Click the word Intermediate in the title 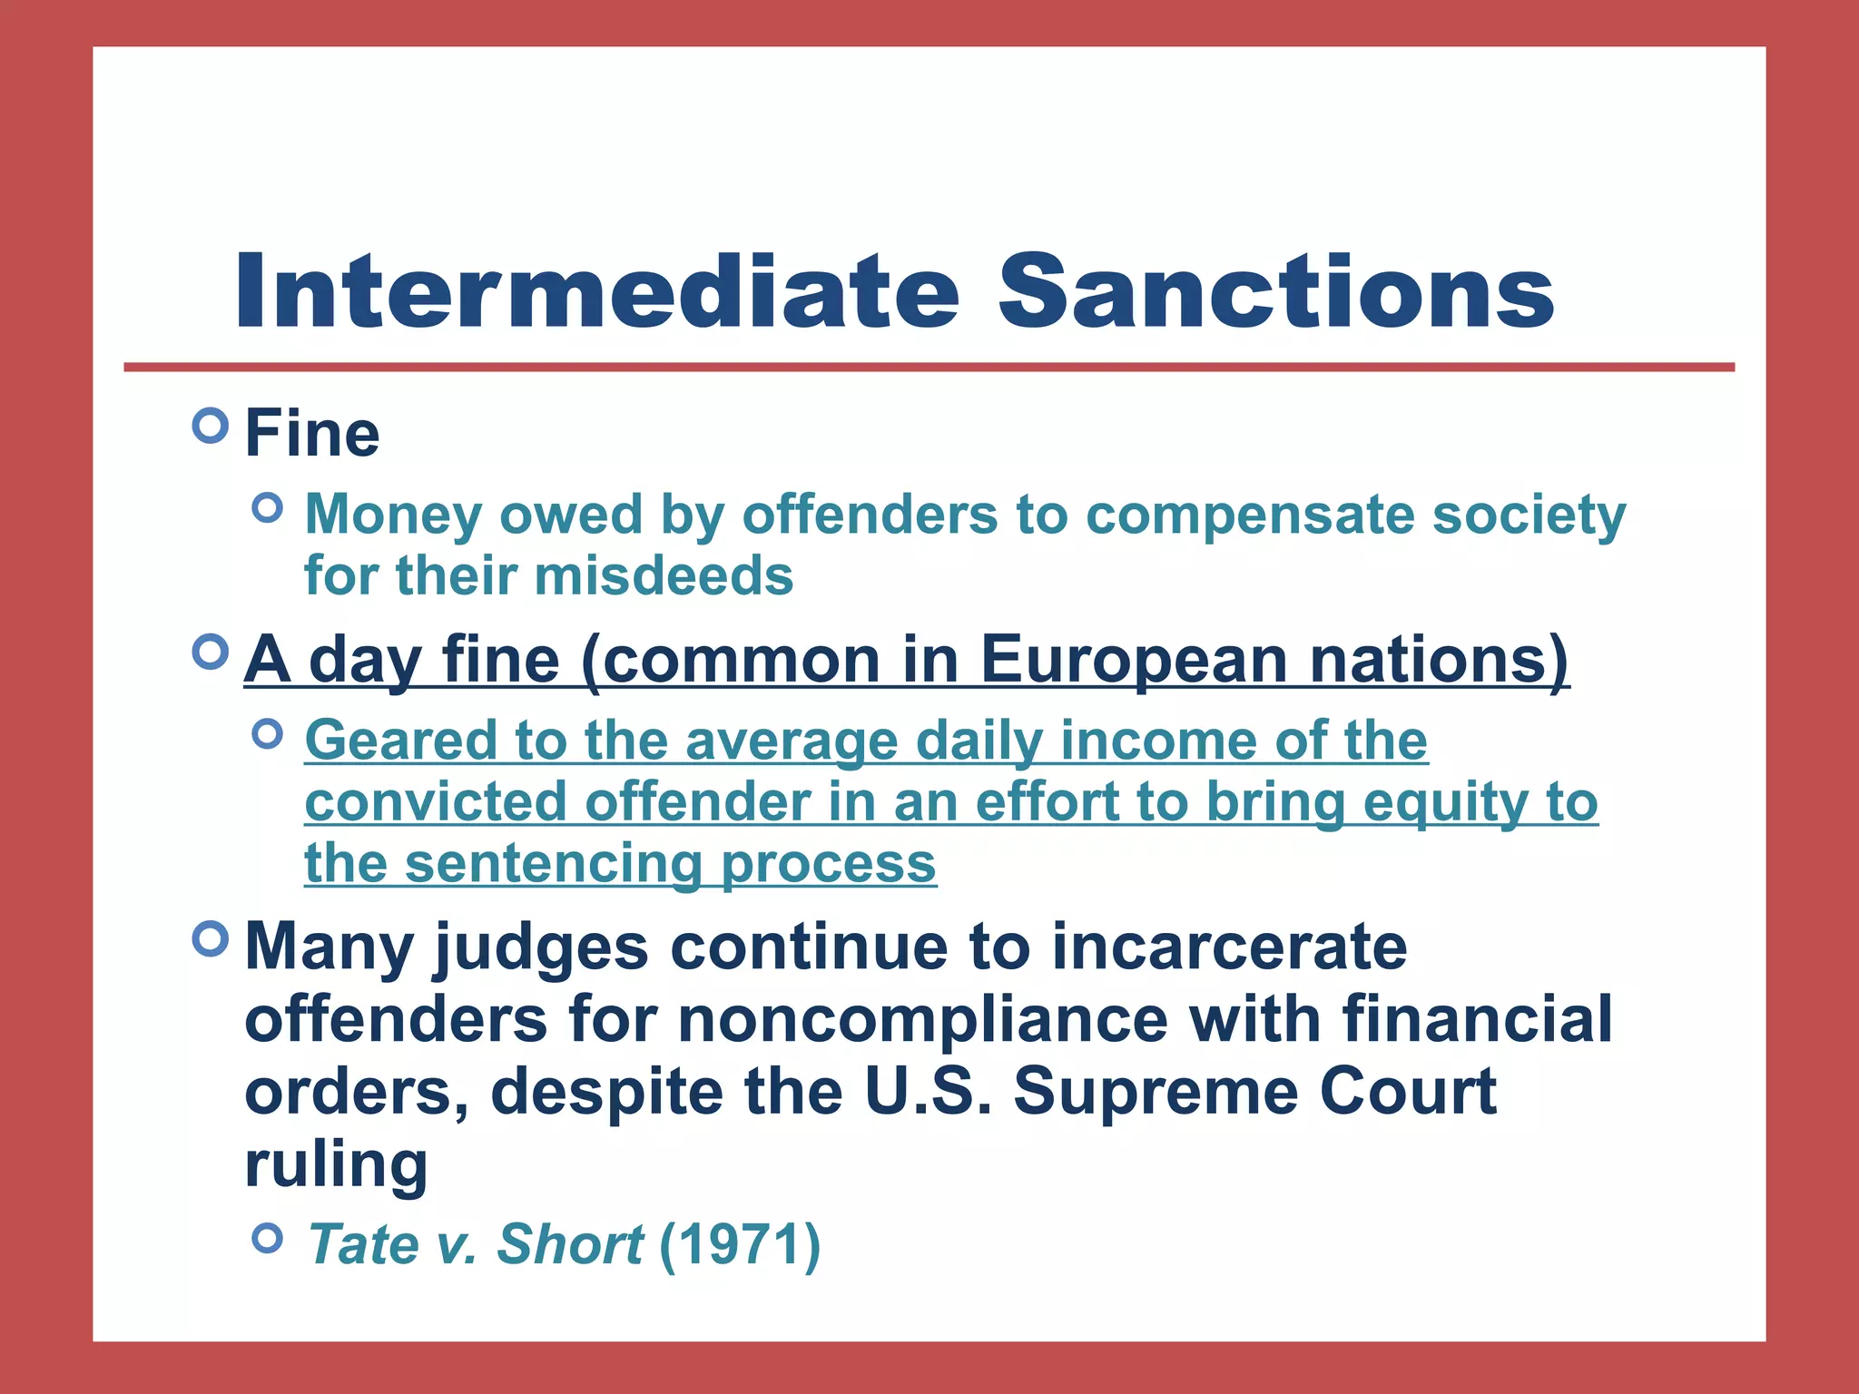click(x=597, y=292)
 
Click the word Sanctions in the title click(x=1275, y=292)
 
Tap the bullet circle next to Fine click(x=211, y=425)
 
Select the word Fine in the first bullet click(x=312, y=434)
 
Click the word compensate click(x=1250, y=515)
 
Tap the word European click(x=1134, y=660)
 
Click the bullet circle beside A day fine click(x=211, y=652)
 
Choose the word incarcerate click(x=1229, y=947)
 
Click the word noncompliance click(x=923, y=1019)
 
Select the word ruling click(x=336, y=1164)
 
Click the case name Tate click(x=362, y=1244)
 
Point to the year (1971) click(x=740, y=1244)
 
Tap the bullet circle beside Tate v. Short click(x=268, y=1237)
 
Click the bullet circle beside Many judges click(x=211, y=938)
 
